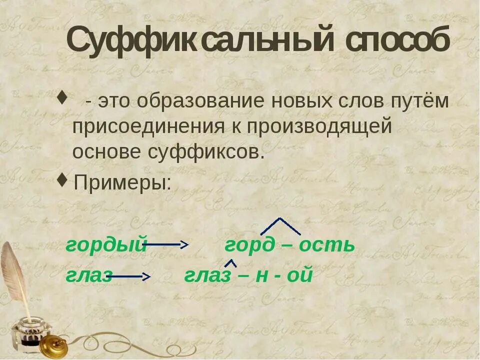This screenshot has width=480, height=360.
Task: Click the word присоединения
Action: click(x=145, y=126)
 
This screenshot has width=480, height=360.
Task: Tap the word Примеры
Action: click(x=122, y=182)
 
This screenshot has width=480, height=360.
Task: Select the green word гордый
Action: click(x=106, y=245)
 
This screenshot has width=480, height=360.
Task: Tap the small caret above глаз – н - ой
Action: click(x=230, y=262)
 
